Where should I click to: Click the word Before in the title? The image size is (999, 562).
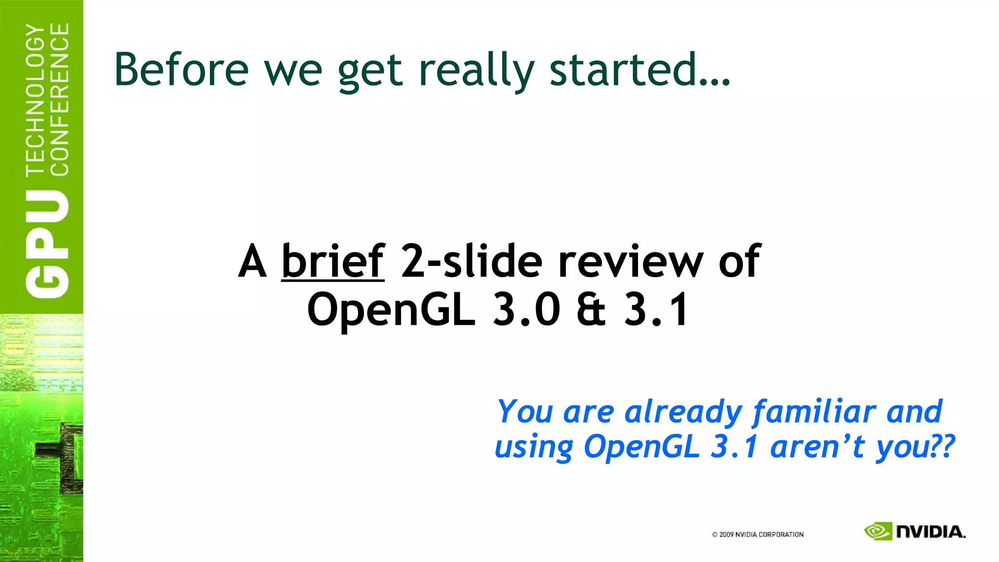[x=181, y=69]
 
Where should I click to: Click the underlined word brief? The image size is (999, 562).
[x=333, y=261]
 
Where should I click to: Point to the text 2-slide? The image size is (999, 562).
[x=471, y=261]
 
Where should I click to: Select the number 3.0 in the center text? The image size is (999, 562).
[x=527, y=309]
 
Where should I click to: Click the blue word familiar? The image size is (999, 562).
[x=814, y=412]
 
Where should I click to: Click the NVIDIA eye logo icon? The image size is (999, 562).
[x=878, y=531]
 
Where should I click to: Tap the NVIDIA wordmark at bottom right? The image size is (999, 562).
[x=931, y=532]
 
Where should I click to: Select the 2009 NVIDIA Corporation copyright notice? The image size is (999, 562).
[x=758, y=535]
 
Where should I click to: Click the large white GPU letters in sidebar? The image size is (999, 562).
[x=47, y=243]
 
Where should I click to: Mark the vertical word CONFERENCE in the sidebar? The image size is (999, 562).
[x=60, y=100]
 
